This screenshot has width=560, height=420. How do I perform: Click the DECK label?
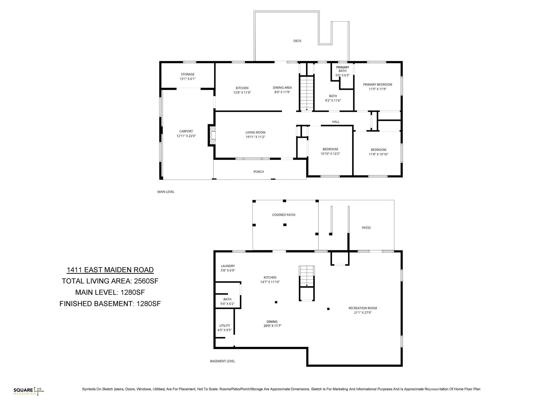[297, 41]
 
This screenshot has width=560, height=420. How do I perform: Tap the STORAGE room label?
[188, 74]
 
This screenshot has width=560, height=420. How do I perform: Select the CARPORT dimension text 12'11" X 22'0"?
[186, 136]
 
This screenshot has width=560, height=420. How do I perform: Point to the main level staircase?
[307, 93]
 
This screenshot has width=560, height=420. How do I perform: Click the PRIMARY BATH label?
[342, 69]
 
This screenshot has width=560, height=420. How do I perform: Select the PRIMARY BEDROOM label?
[377, 84]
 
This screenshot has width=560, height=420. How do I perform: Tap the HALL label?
[336, 122]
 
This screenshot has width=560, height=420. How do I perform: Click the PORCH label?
[258, 172]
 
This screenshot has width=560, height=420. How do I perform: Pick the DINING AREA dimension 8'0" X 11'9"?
[282, 92]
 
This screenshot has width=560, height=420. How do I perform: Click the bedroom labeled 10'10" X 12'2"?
[330, 151]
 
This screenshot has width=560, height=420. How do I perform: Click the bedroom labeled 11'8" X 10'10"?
[378, 152]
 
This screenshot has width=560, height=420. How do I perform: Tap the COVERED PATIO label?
[284, 215]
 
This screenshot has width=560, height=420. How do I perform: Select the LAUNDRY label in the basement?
[228, 266]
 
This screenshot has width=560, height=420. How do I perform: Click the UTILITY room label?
[224, 326]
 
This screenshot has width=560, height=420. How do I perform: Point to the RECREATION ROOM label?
[363, 308]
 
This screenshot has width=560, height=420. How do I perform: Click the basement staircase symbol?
[307, 276]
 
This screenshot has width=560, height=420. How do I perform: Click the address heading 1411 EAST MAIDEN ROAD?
[110, 270]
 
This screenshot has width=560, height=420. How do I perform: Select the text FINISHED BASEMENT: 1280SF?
[110, 304]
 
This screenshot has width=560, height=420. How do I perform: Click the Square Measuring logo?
[29, 391]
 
